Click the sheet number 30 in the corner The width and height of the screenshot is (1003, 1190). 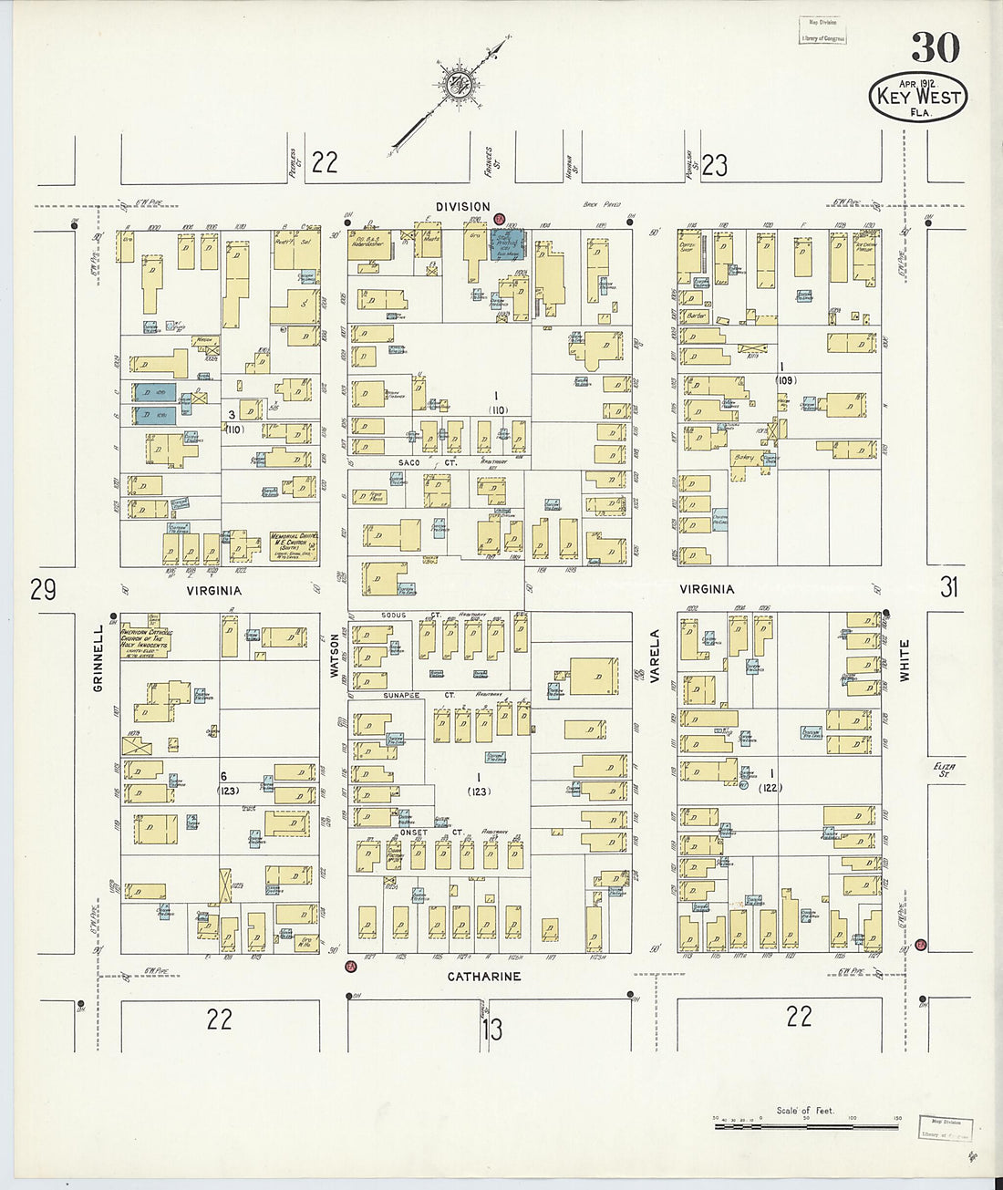point(935,48)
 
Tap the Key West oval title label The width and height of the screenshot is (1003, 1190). point(917,97)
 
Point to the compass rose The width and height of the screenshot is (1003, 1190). point(456,86)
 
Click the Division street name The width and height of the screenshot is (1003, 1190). point(462,207)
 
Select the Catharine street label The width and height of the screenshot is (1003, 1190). point(483,977)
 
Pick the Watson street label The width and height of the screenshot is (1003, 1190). point(334,656)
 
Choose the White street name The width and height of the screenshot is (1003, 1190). point(905,661)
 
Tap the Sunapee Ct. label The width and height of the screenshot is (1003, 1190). point(405,695)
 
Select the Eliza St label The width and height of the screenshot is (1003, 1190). point(942,770)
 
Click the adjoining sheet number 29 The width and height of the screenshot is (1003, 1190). point(43,591)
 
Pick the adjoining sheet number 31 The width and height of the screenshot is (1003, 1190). point(949,587)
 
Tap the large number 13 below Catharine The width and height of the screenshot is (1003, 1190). point(491,1030)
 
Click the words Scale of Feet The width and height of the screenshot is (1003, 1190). point(805,1110)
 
